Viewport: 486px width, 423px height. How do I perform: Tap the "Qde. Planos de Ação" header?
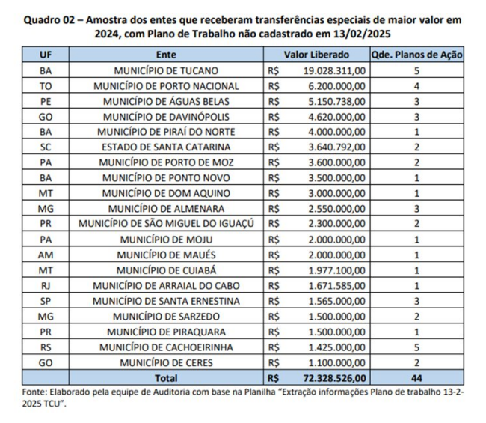416,55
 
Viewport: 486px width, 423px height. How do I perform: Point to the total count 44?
416,378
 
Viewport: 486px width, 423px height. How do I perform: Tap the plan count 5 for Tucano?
416,70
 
